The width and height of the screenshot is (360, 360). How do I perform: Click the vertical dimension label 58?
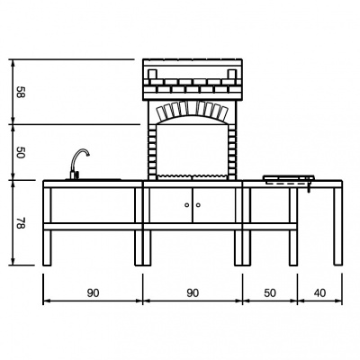point(21,92)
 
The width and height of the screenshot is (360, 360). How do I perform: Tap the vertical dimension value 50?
point(21,152)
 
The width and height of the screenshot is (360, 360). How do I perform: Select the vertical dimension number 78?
point(21,223)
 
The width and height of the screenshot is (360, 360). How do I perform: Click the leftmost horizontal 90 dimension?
point(93,292)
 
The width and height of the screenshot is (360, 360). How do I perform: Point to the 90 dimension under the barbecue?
point(193,292)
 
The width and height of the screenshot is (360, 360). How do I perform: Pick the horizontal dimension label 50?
point(270,292)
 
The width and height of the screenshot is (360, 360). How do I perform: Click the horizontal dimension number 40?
point(320,292)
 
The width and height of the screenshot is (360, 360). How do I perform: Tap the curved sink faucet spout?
point(80,151)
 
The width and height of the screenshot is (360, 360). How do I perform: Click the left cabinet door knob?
point(187,205)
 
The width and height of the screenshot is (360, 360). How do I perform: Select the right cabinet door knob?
point(198,205)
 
